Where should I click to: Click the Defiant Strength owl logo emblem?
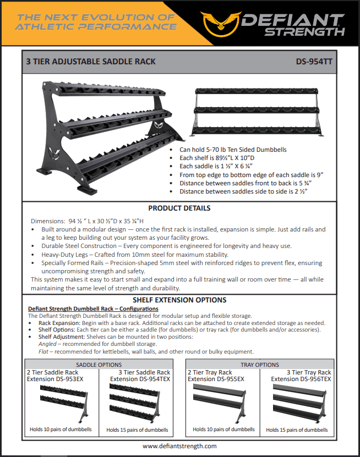click(221, 21)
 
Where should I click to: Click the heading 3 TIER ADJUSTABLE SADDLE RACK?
click(91, 62)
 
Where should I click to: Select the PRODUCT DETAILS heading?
click(179, 208)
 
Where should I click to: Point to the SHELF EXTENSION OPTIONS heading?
click(179, 300)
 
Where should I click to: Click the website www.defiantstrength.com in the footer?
click(179, 446)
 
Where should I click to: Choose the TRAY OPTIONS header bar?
click(260, 364)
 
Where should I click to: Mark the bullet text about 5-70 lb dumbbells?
click(233, 150)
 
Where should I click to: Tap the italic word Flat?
click(45, 351)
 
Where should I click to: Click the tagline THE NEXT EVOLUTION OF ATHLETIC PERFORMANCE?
click(96, 21)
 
